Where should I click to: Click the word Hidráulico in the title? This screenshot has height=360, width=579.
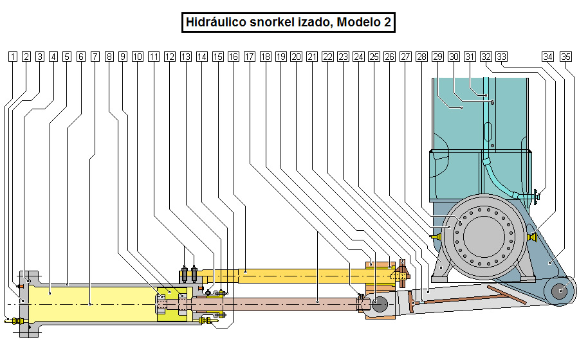(x=216, y=22)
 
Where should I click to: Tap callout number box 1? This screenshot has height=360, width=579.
(x=12, y=57)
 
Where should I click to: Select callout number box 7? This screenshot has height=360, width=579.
(x=95, y=57)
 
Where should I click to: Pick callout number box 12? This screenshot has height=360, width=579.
(x=169, y=57)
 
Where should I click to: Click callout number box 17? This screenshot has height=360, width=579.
(x=250, y=57)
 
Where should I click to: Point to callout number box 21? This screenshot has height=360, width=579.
(x=312, y=57)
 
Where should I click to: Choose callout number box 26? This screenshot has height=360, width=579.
(x=389, y=57)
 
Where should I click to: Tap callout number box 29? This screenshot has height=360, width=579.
(x=437, y=57)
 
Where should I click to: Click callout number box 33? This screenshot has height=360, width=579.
(x=502, y=57)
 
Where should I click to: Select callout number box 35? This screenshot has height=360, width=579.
(x=565, y=57)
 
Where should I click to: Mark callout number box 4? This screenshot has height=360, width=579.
(x=53, y=57)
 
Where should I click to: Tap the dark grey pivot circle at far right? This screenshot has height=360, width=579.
(x=560, y=291)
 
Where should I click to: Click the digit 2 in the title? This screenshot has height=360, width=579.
(x=387, y=22)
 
